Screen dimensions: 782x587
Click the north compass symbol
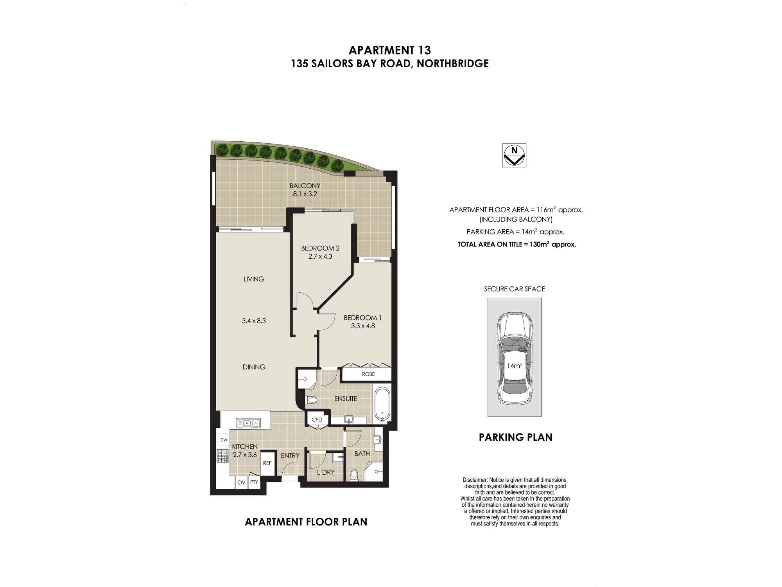[x=514, y=155]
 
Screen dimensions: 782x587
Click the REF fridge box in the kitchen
[x=267, y=463]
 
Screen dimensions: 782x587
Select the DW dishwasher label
[x=224, y=440]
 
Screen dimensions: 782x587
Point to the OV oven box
[x=241, y=482]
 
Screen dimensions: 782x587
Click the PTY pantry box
[x=254, y=482]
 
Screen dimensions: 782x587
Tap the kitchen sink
[x=248, y=423]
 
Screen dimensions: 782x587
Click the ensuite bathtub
[x=382, y=404]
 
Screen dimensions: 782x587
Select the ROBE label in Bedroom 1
[x=368, y=374]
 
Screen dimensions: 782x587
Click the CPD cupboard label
[x=317, y=420]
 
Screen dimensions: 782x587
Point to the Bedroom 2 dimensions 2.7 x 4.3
[x=320, y=257]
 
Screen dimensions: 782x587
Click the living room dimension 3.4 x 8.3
[x=254, y=321]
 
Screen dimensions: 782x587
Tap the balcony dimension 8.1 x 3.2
[x=305, y=194]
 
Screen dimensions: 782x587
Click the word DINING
[x=254, y=367]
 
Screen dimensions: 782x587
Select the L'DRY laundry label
[x=326, y=472]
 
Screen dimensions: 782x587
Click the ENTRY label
[x=290, y=456]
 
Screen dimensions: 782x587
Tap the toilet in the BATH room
[x=354, y=475]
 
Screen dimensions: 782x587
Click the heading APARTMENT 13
[x=390, y=50]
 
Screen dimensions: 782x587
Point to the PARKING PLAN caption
[x=515, y=437]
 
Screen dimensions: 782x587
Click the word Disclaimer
[x=475, y=480]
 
